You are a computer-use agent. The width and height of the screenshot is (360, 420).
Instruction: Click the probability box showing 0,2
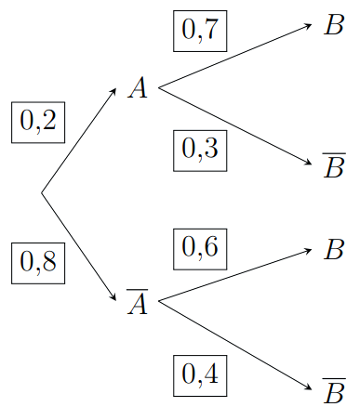[x=37, y=121]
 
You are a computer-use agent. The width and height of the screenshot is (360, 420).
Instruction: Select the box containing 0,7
[x=199, y=31]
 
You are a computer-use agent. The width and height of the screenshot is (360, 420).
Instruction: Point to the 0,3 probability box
[x=199, y=148]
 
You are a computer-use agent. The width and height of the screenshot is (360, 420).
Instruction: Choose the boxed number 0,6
[x=199, y=248]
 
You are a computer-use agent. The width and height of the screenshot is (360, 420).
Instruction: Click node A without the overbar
[x=139, y=89]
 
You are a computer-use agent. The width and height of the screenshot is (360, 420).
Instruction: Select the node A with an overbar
[x=139, y=302]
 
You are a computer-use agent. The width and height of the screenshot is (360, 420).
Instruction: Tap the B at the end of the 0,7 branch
[x=334, y=25]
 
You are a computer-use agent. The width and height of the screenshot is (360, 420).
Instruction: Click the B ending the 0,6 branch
[x=334, y=250]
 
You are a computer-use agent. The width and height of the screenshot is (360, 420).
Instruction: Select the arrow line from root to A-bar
[x=78, y=245]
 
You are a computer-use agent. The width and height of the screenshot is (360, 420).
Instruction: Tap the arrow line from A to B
[x=233, y=57]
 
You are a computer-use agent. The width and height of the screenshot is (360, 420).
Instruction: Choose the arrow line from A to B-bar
[x=233, y=125]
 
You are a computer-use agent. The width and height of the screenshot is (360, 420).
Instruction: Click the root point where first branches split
[x=41, y=193]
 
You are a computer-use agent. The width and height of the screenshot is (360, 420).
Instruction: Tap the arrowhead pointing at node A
[x=113, y=91]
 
